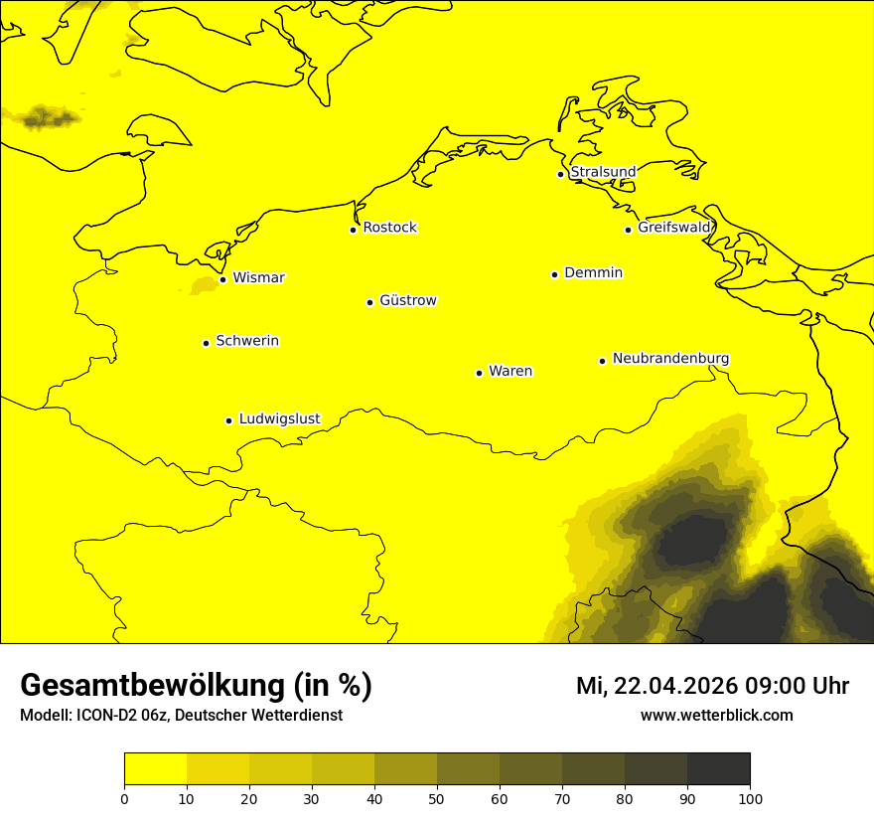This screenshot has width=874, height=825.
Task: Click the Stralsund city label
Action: [603, 172]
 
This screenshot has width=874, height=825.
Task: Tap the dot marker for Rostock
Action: [353, 230]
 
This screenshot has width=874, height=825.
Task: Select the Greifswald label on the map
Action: [674, 228]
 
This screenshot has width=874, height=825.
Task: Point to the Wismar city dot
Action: [222, 279]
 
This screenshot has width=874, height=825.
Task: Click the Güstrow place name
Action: [407, 300]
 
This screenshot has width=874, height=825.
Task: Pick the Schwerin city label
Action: [247, 341]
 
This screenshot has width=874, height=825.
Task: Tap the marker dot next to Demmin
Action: [554, 274]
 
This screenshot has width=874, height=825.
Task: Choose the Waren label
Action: [510, 371]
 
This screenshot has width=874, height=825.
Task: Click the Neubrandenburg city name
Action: [670, 358]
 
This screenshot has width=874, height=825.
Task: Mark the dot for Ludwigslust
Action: [228, 420]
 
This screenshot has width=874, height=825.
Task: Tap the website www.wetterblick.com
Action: [716, 715]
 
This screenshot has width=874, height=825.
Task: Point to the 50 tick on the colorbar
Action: [437, 798]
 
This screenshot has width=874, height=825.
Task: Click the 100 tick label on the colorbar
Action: [750, 798]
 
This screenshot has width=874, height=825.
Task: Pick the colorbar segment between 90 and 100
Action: [718, 769]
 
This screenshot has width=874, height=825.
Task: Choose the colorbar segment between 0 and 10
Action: [155, 769]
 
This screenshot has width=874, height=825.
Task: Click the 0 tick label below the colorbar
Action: [124, 798]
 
